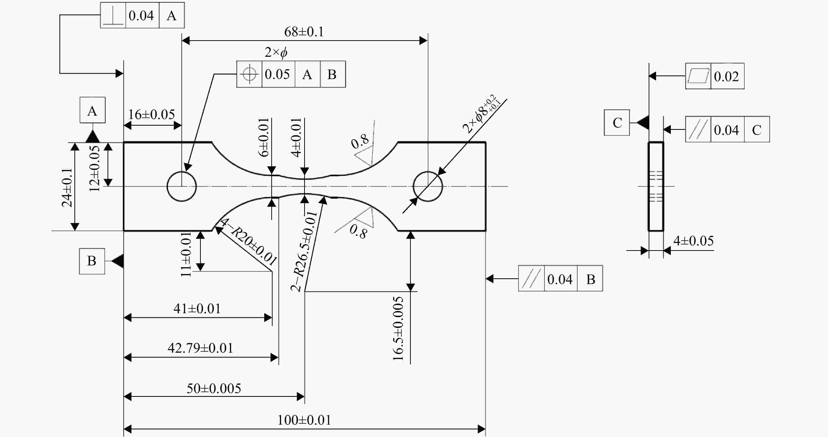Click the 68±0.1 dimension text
pos(304,32)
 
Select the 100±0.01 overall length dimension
pos(304,420)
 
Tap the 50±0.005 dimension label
pos(214,388)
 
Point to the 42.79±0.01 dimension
pos(200,348)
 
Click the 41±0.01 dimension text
pos(197,309)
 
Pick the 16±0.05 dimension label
pos(151,114)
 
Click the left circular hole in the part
pos(182,186)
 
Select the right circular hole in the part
pos(428,186)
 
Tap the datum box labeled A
pos(93,110)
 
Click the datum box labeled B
pos(92,261)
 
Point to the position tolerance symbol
pos(249,74)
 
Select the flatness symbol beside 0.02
pos(698,76)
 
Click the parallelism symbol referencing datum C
pos(698,129)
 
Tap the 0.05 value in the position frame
pos(277,74)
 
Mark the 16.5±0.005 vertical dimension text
pos(398,328)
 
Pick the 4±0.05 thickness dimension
pos(693,241)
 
